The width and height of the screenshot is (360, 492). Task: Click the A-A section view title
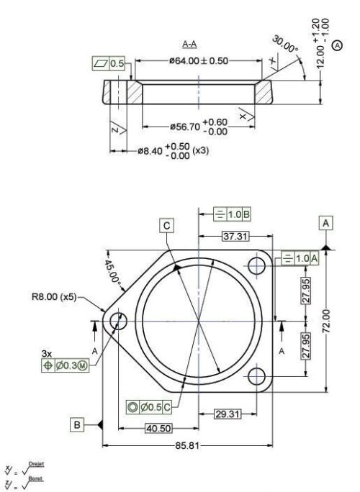tap(190, 45)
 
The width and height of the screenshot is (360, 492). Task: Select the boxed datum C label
tap(167, 226)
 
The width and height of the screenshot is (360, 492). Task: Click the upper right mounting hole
tap(257, 263)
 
